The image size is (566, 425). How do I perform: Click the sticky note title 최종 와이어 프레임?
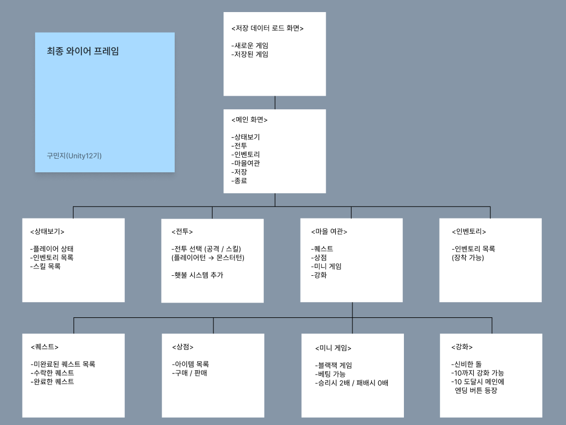pos(83,51)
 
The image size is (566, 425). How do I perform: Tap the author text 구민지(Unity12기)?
pos(78,156)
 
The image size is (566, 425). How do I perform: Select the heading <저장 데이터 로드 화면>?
pos(268,28)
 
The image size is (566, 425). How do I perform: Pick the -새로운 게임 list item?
pos(250,46)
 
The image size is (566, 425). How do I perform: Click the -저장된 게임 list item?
pos(250,54)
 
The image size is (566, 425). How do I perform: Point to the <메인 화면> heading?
pos(250,120)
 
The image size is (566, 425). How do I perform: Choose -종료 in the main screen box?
pos(239,181)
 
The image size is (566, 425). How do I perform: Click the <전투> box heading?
pos(182,232)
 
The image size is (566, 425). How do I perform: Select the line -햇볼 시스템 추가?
pos(197,275)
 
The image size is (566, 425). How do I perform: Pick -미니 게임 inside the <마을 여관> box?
pos(326,266)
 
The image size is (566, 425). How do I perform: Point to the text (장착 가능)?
pos(468,258)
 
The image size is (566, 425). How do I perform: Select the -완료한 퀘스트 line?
pos(52,382)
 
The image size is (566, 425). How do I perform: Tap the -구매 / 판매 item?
pos(190,374)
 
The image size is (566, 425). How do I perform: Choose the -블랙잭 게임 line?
pos(334,366)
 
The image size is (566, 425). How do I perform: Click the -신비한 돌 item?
pos(466,365)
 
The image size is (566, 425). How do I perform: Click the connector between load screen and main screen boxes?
pos(275,102)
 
